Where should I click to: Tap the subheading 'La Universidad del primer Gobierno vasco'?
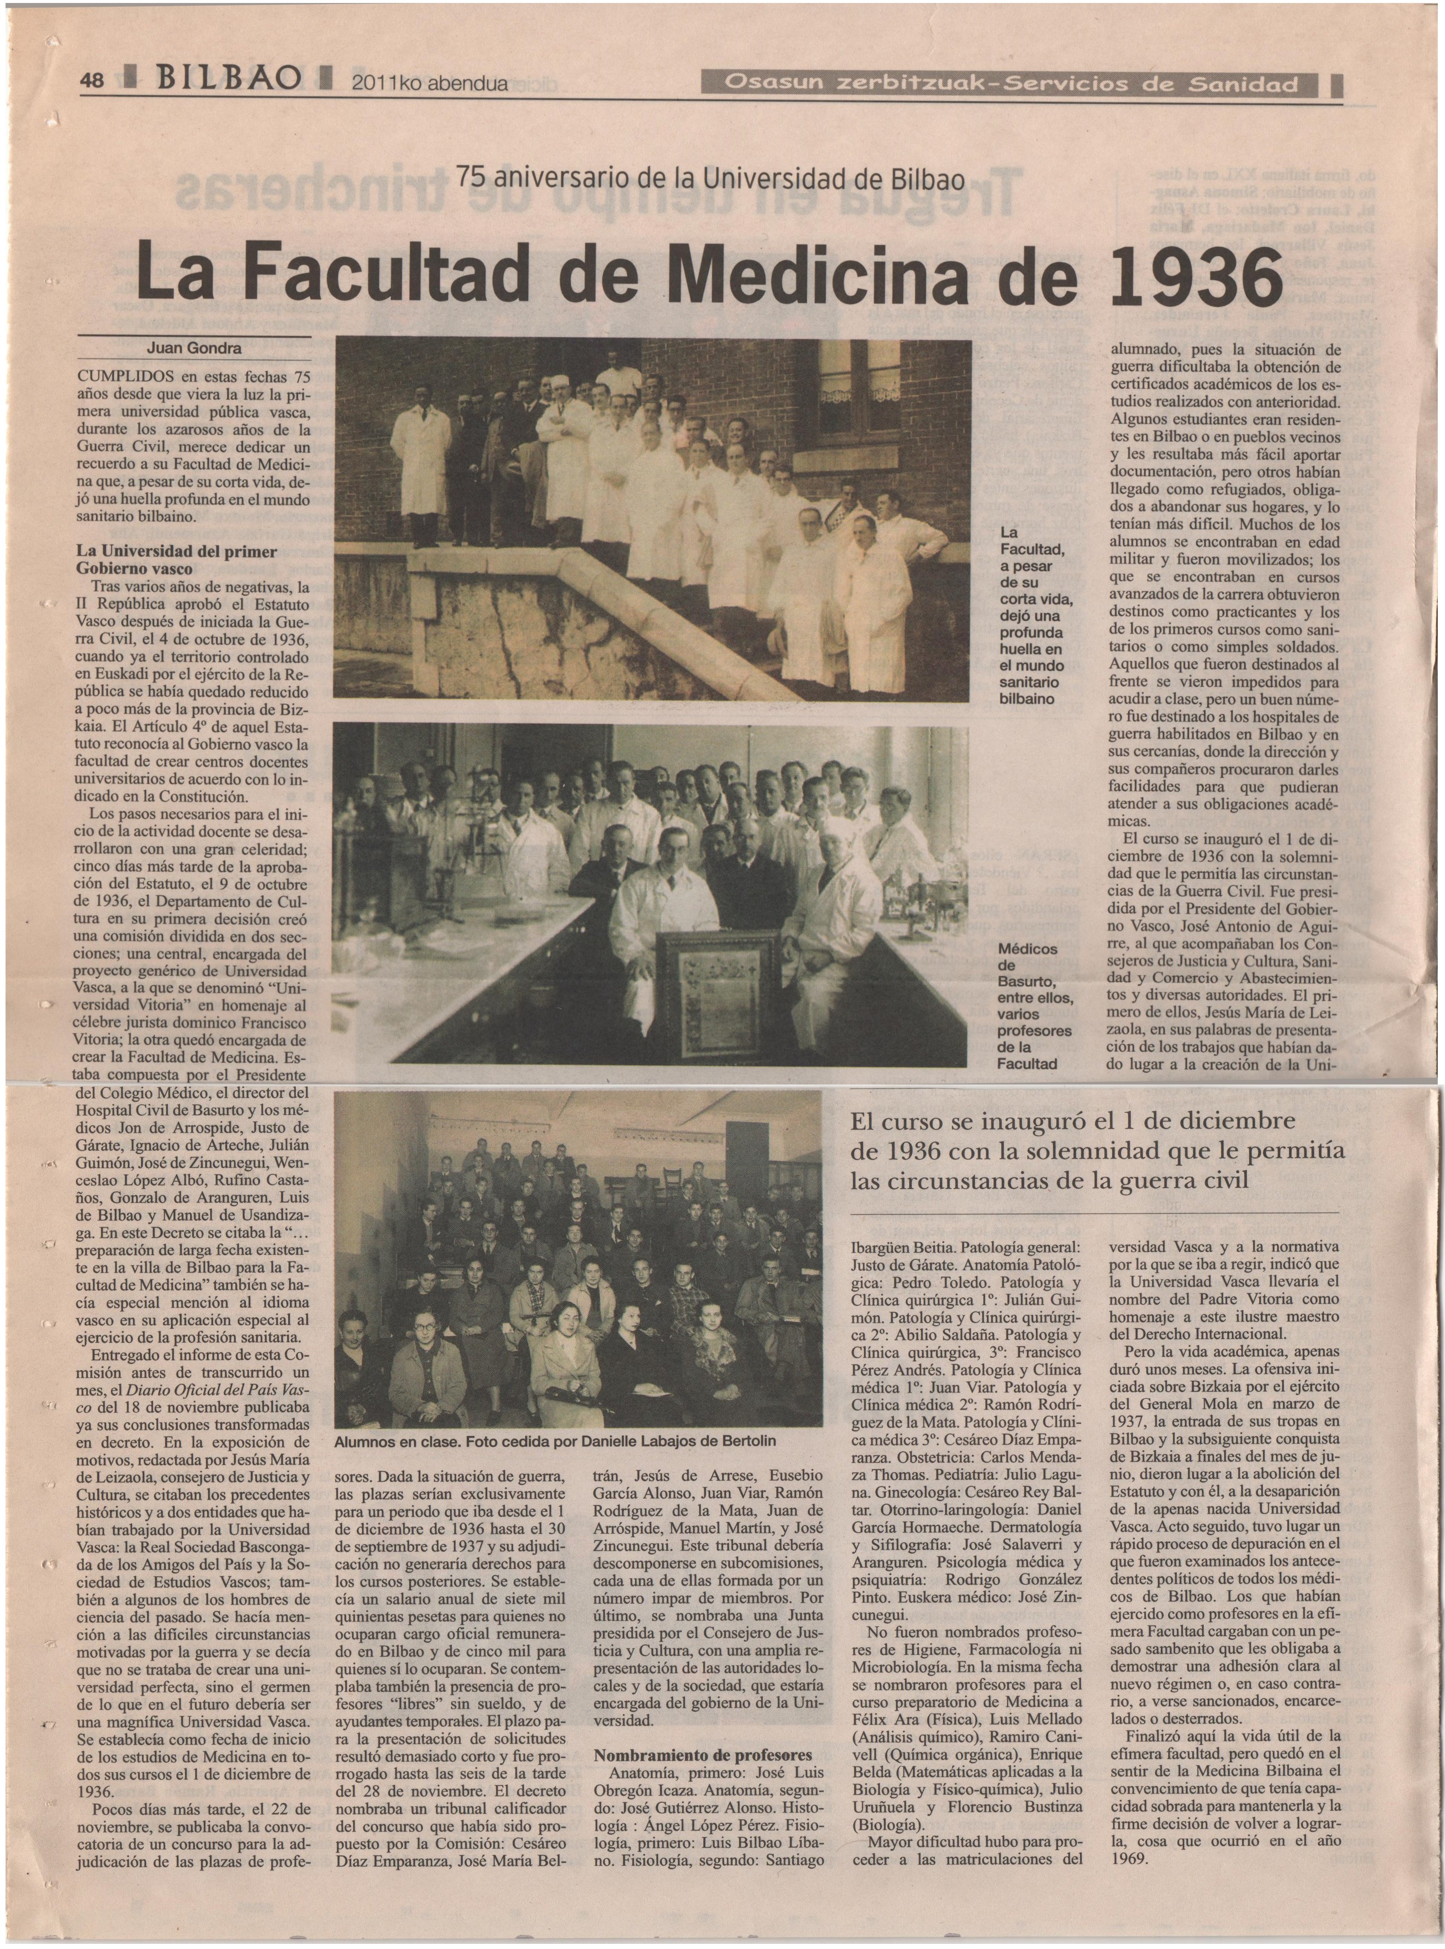pyautogui.click(x=177, y=560)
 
